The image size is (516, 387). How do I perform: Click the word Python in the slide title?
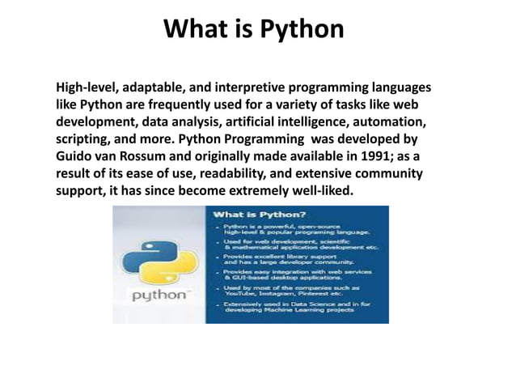301,30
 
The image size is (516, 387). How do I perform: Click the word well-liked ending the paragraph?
324,189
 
